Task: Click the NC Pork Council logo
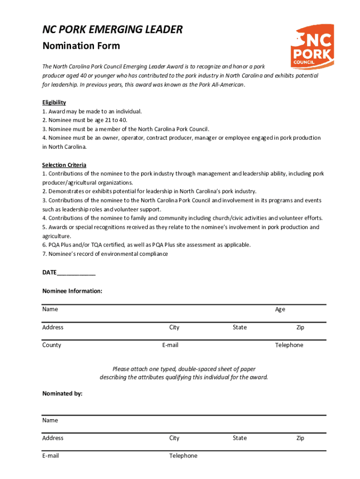pyautogui.click(x=312, y=46)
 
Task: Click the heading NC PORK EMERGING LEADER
pyautogui.click(x=112, y=30)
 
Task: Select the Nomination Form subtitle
pyautogui.click(x=81, y=46)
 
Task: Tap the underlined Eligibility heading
pyautogui.click(x=54, y=102)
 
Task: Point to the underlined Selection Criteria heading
pyautogui.click(x=64, y=165)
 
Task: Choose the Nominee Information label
pyautogui.click(x=72, y=291)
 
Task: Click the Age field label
pyautogui.click(x=280, y=309)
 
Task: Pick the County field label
pyautogui.click(x=51, y=345)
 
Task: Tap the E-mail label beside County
pyautogui.click(x=170, y=345)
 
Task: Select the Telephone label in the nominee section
pyautogui.click(x=289, y=345)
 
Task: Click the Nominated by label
pyautogui.click(x=62, y=393)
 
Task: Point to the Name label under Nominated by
pyautogui.click(x=50, y=420)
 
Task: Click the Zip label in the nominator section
pyautogui.click(x=300, y=438)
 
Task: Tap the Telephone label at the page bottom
pyautogui.click(x=183, y=456)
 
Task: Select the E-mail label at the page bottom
pyautogui.click(x=50, y=456)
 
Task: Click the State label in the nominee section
pyautogui.click(x=239, y=327)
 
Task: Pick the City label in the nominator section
pyautogui.click(x=174, y=438)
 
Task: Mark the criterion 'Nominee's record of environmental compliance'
pyautogui.click(x=105, y=254)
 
